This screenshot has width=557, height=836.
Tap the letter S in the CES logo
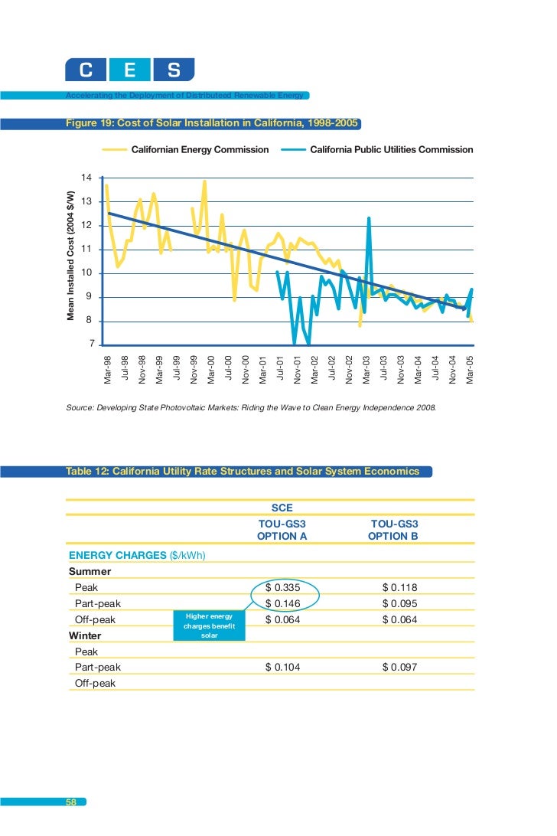pyautogui.click(x=174, y=71)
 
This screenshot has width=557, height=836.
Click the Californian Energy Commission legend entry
pyautogui.click(x=200, y=149)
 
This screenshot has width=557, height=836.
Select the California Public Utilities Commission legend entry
pyautogui.click(x=391, y=149)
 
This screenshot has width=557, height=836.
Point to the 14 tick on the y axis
pyautogui.click(x=86, y=178)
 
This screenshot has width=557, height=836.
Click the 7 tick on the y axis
pyautogui.click(x=92, y=345)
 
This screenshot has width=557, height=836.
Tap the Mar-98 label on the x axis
pyautogui.click(x=107, y=369)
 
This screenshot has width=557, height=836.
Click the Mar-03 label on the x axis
pyautogui.click(x=367, y=369)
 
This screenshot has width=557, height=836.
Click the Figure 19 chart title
pyautogui.click(x=213, y=123)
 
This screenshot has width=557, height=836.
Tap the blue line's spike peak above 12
pyautogui.click(x=369, y=218)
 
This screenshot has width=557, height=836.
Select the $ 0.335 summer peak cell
pyautogui.click(x=282, y=587)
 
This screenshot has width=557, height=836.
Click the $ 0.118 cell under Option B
pyautogui.click(x=399, y=587)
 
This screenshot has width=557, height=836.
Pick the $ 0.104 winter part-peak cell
pyautogui.click(x=282, y=668)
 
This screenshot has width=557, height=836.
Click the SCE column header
pyautogui.click(x=282, y=508)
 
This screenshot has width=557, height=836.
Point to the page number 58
pyautogui.click(x=71, y=802)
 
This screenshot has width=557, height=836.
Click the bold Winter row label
pyautogui.click(x=85, y=635)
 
